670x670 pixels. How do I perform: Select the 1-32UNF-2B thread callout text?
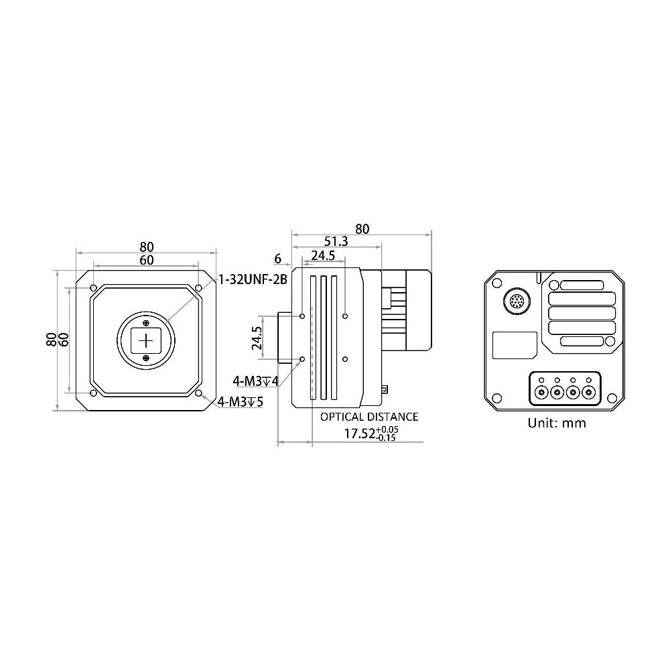(x=252, y=280)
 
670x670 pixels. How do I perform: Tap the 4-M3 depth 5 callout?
(x=240, y=402)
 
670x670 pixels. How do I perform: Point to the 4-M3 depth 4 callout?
(x=255, y=381)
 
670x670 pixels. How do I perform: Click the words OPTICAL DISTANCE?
(x=368, y=417)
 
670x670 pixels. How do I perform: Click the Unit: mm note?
(x=556, y=423)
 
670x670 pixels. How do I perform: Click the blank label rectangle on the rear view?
(x=515, y=346)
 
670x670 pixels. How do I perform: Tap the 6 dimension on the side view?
(x=278, y=258)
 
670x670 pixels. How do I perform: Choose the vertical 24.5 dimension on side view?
(x=256, y=338)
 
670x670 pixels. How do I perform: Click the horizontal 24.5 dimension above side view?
(x=322, y=256)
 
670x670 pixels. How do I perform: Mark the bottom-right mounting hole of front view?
(x=199, y=393)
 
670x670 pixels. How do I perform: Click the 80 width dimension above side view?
(x=362, y=228)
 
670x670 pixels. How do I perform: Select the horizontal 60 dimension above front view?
(x=146, y=259)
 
